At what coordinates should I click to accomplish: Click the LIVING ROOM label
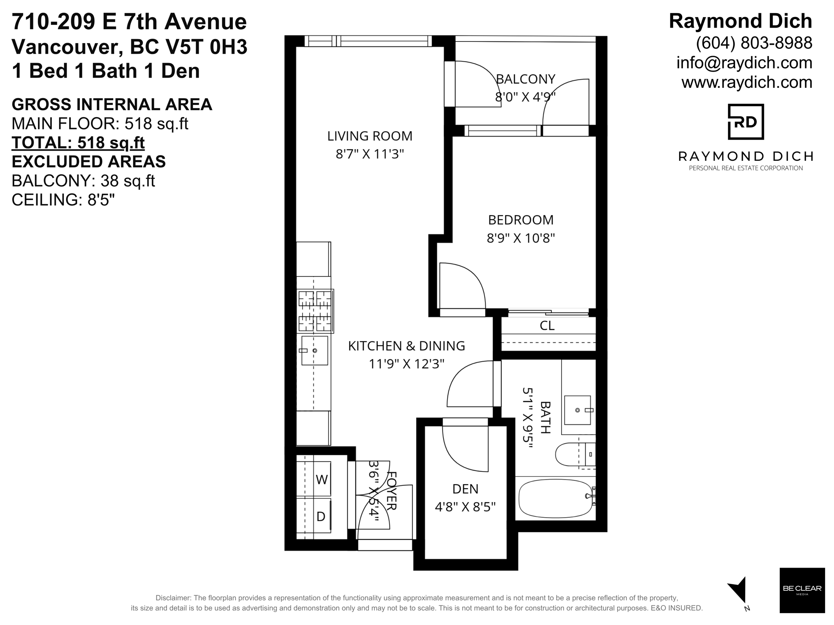click(370, 136)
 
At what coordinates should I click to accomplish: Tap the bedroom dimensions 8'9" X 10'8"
click(521, 238)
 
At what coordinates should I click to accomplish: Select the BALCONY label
click(526, 79)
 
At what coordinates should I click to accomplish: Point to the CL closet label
click(547, 326)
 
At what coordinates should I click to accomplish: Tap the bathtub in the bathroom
click(556, 498)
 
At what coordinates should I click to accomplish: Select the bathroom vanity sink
click(577, 410)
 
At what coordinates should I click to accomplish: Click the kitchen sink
click(314, 350)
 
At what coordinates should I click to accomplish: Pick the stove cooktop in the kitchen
click(315, 311)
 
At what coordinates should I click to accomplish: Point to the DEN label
click(465, 489)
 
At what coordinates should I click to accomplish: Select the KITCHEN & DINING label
click(406, 346)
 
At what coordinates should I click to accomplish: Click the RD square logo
click(746, 122)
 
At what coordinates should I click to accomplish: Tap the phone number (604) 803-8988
click(754, 43)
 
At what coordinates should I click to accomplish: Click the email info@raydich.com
click(744, 63)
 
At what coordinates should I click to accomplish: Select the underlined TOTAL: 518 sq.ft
click(78, 143)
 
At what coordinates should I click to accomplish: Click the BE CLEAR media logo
click(802, 590)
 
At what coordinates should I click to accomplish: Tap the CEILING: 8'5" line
click(63, 200)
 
